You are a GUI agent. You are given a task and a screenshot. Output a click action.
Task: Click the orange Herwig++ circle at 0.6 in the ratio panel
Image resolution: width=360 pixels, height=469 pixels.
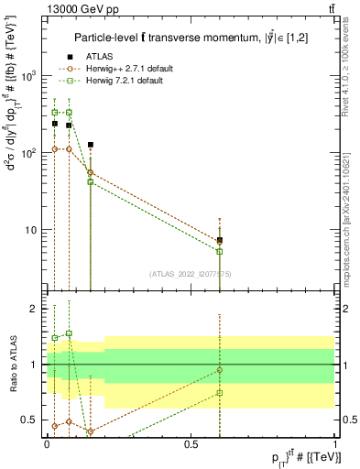(220, 370)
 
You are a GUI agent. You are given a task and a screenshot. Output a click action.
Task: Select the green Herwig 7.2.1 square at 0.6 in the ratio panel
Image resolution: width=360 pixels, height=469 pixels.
(220, 393)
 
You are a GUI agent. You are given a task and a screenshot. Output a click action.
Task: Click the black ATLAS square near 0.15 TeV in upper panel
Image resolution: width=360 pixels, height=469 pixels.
(90, 145)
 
